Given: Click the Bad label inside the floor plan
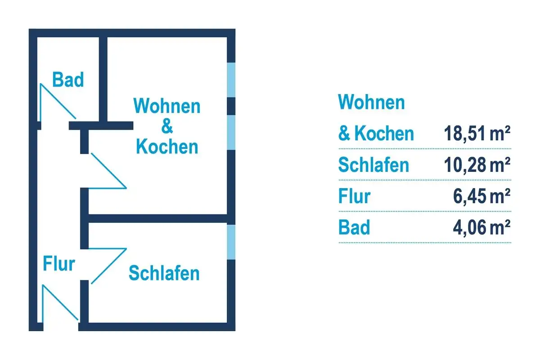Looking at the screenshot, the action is (x=68, y=79).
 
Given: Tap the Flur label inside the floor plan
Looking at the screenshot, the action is (x=59, y=264).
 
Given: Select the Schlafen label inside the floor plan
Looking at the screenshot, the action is (x=164, y=273).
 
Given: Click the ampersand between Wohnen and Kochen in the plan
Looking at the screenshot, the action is (x=167, y=126).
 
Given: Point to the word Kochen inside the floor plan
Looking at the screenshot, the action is (x=167, y=146).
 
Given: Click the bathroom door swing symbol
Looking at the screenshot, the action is (x=58, y=101).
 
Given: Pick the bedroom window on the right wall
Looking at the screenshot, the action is (x=231, y=242).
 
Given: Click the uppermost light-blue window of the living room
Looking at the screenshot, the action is (x=231, y=80).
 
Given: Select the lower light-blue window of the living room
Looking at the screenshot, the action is (x=231, y=132).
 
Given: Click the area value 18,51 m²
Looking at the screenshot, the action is (x=477, y=133).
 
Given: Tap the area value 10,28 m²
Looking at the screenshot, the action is (x=477, y=165).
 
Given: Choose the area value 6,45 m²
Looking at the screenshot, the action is (x=481, y=196).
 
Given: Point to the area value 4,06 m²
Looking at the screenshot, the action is (x=481, y=227).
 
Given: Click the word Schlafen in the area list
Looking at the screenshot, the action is (x=373, y=165).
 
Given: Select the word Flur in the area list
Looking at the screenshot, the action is (x=355, y=196).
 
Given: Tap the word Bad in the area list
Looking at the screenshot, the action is (x=354, y=227).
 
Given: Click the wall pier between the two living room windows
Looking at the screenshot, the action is (x=231, y=106).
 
